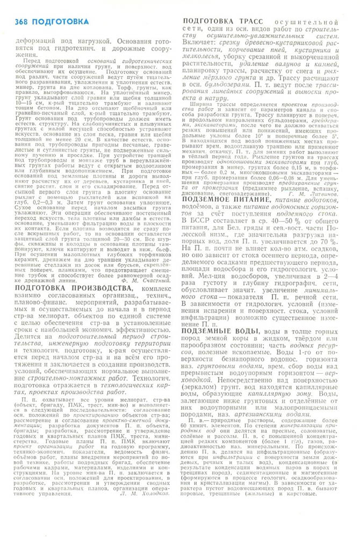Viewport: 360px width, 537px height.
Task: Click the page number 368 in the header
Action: click(22, 21)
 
